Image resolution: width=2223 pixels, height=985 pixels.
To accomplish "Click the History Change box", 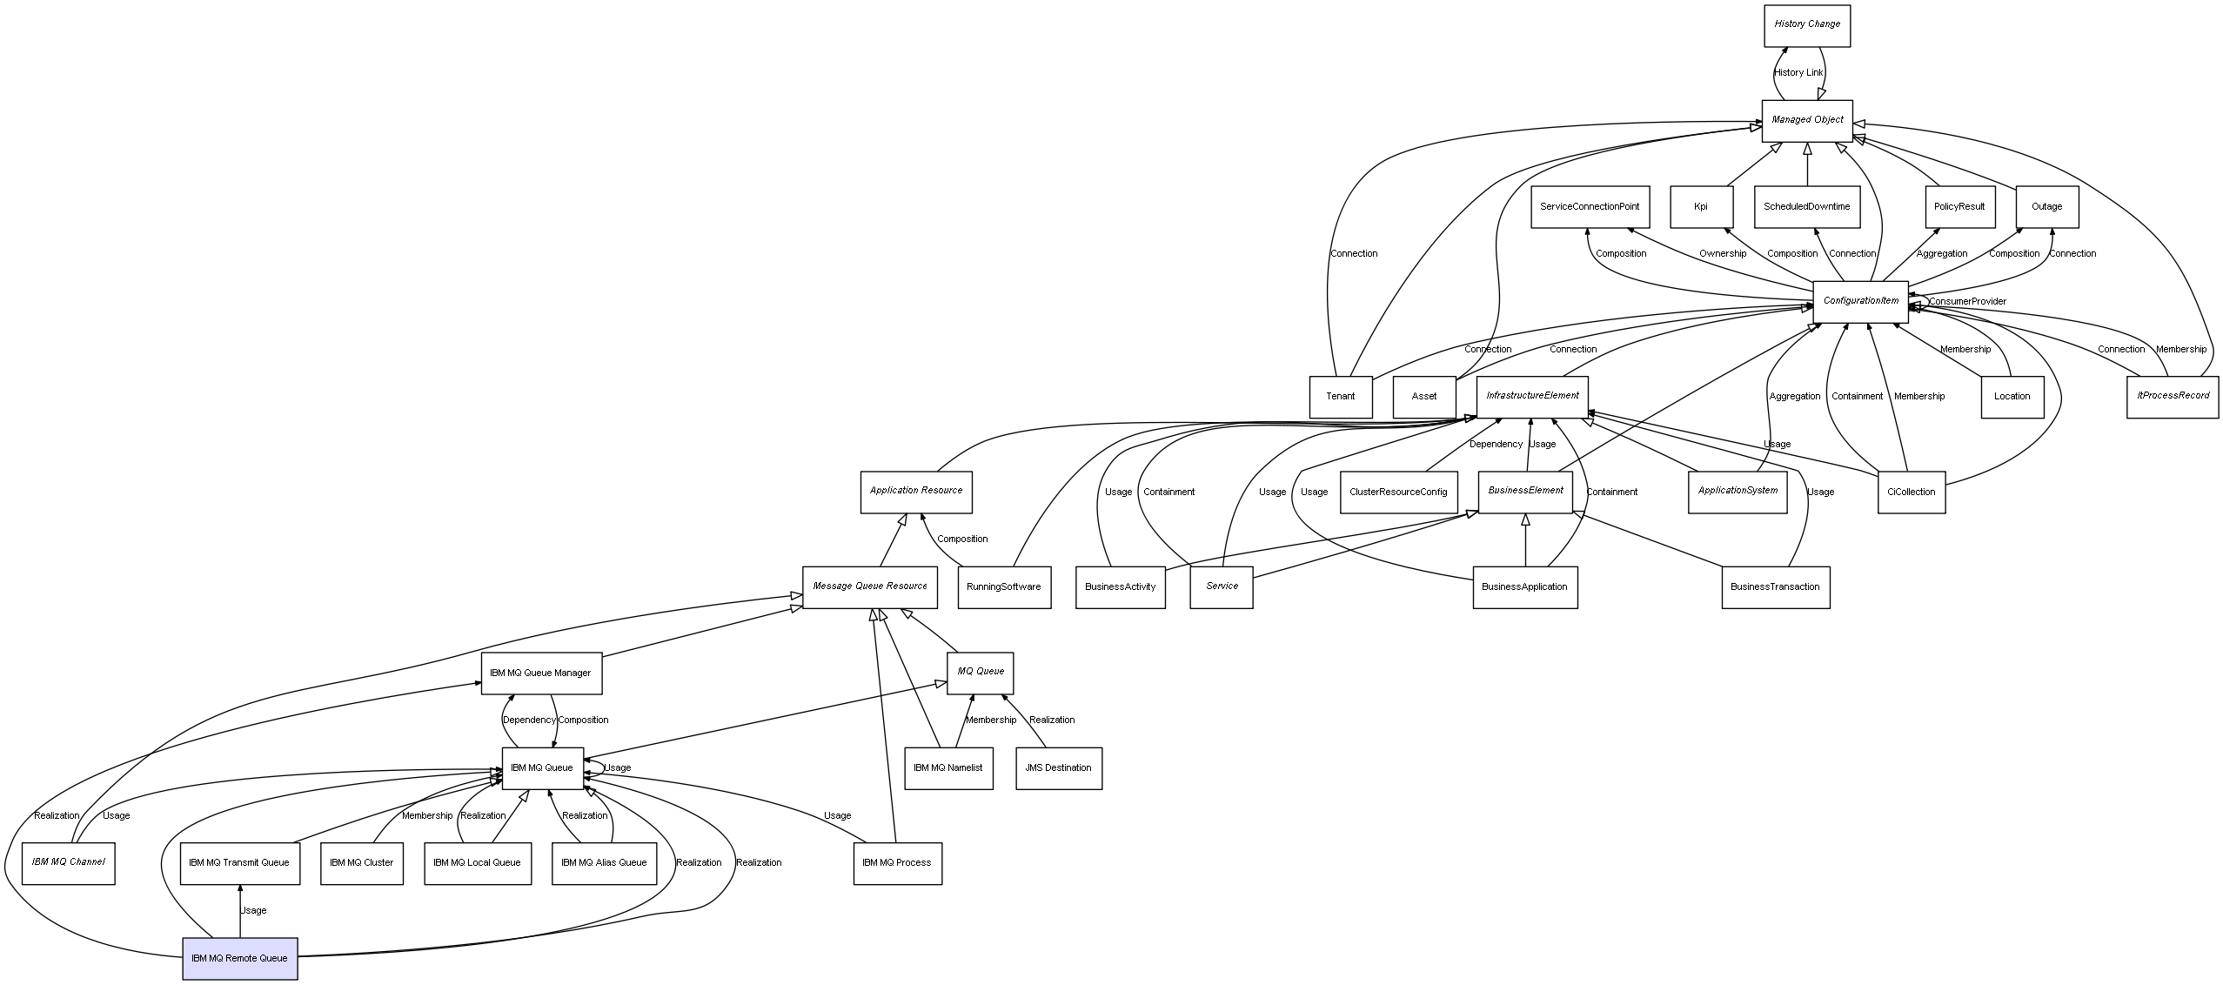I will (1807, 25).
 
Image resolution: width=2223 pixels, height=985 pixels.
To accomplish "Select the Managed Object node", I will (1807, 120).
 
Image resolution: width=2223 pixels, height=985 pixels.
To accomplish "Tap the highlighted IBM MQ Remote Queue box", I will (239, 958).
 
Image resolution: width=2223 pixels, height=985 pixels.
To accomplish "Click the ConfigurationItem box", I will (1861, 301).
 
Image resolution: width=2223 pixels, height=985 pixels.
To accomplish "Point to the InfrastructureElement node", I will (1532, 396).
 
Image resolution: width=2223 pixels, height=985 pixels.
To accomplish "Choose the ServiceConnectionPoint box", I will (1589, 207).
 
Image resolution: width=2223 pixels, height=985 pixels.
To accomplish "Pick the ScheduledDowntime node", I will (1806, 207).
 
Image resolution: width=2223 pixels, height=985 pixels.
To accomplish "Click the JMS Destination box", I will (1058, 768).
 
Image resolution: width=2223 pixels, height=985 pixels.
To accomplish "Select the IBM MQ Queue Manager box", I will (540, 673).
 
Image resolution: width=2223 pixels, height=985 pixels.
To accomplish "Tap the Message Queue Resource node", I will (870, 586).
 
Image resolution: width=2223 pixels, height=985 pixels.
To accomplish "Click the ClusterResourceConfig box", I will (1398, 492).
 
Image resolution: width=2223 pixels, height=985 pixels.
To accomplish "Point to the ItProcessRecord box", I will (2173, 396).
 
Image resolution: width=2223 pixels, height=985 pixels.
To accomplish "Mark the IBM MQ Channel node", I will (68, 862).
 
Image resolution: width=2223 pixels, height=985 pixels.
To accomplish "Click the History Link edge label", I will (1798, 73).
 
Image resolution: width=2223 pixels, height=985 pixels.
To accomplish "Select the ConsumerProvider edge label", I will (1967, 302).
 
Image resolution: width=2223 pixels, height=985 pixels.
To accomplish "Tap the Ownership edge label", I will (1723, 254).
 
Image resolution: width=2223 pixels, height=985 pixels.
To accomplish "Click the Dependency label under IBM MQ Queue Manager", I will (528, 720).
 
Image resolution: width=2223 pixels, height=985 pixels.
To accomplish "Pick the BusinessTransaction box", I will (1775, 587).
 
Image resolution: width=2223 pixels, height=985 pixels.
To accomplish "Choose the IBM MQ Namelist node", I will (947, 768).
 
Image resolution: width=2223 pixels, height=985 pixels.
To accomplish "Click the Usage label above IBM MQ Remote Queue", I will (253, 911).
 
